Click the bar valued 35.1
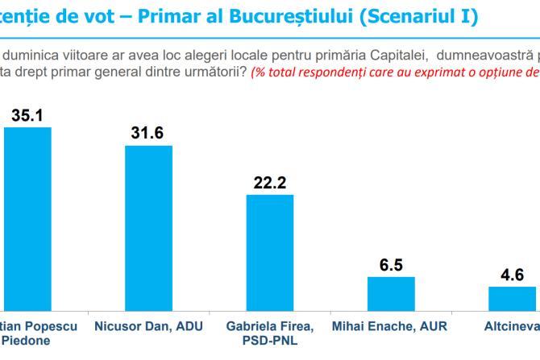point(27,217)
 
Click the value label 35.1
point(27,115)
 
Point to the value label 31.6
point(147,133)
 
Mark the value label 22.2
point(270,183)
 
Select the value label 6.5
point(391,265)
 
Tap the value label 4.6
point(512,275)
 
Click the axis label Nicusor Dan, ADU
point(148,326)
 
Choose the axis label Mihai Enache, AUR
point(390,326)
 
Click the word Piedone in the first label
point(27,340)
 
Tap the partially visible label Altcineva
point(511,326)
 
